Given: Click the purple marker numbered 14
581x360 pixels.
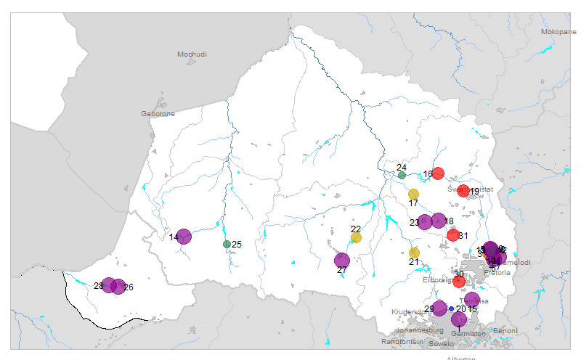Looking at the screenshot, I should [x=184, y=236].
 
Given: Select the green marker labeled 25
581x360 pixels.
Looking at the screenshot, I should [x=227, y=244].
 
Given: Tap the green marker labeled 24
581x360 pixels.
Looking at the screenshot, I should [x=402, y=175].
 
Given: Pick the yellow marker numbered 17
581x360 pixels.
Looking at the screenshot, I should [x=413, y=194].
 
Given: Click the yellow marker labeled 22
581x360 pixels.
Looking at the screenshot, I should [x=356, y=237].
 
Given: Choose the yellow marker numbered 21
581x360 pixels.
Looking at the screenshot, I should [x=414, y=253].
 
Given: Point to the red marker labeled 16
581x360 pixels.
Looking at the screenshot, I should [x=438, y=173].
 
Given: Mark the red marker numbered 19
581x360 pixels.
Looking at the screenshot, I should [x=463, y=191].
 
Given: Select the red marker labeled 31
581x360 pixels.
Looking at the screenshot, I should [x=453, y=235].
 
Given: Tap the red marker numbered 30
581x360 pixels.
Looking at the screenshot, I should [x=459, y=282].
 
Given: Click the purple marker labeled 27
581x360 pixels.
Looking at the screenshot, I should [x=341, y=260].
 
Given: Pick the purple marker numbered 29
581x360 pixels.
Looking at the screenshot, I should [x=439, y=308].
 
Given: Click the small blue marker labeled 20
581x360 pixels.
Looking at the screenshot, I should [x=451, y=308].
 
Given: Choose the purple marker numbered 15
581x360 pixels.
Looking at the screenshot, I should [x=471, y=300].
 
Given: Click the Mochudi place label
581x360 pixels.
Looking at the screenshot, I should [x=192, y=54].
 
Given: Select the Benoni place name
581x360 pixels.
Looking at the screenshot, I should [x=505, y=331].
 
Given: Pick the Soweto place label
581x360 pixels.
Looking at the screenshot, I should [x=441, y=343].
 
